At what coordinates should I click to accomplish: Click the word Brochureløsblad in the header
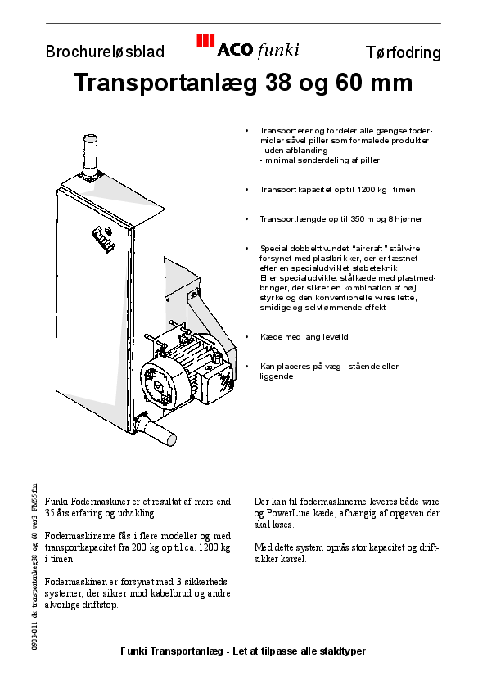click(105, 53)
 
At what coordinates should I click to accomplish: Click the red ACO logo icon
click(205, 44)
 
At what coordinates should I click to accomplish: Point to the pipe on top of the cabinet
click(90, 155)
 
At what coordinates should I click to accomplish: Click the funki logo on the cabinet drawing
click(101, 238)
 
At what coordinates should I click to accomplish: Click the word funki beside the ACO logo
click(278, 51)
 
